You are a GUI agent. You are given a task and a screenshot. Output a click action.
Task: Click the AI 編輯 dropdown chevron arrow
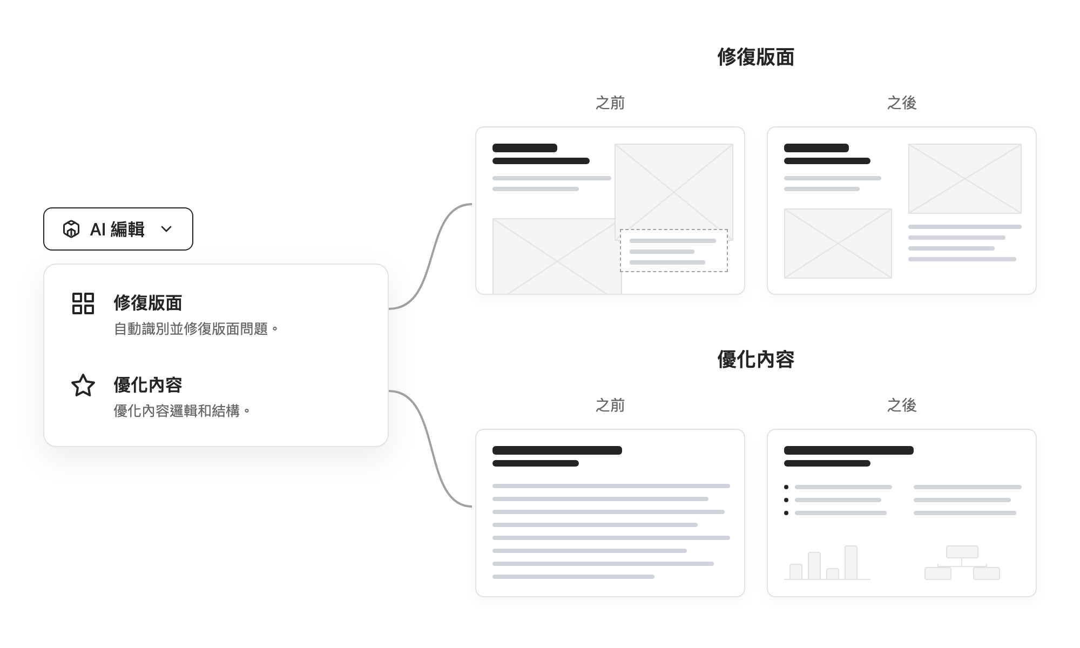tap(166, 229)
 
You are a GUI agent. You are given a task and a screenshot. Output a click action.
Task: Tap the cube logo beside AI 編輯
tap(71, 229)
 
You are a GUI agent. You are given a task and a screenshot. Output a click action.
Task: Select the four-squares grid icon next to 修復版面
tap(83, 303)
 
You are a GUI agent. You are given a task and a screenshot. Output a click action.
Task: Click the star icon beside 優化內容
tap(83, 386)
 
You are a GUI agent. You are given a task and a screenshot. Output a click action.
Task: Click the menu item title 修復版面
tap(148, 303)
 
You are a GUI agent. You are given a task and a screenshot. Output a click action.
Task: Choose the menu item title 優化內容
tap(148, 385)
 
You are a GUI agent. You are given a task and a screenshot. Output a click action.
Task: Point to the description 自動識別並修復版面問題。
tap(196, 329)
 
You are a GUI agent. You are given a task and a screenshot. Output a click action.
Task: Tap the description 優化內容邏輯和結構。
tap(182, 411)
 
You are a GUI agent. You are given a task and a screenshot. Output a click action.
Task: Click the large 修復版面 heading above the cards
tap(755, 57)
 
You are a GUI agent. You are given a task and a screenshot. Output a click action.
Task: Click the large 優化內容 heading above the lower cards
tap(755, 359)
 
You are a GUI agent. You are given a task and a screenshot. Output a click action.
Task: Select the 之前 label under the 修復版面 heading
tap(610, 103)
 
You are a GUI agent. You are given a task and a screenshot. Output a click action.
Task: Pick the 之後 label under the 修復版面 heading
tap(902, 103)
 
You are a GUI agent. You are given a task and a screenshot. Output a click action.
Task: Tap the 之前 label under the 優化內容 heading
tap(610, 405)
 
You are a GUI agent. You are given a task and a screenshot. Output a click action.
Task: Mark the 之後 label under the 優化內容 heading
tap(902, 405)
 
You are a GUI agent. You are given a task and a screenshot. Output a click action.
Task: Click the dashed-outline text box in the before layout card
tap(674, 251)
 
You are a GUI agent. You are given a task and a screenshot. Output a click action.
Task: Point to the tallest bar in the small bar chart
tap(851, 563)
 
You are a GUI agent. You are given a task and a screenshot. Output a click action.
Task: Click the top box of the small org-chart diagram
tap(962, 552)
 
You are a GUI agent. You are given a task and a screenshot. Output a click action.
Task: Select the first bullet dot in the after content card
tap(786, 487)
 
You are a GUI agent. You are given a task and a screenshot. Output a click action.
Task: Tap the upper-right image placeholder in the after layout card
tap(965, 179)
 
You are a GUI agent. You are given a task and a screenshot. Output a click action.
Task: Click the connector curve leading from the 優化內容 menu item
tap(430, 448)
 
